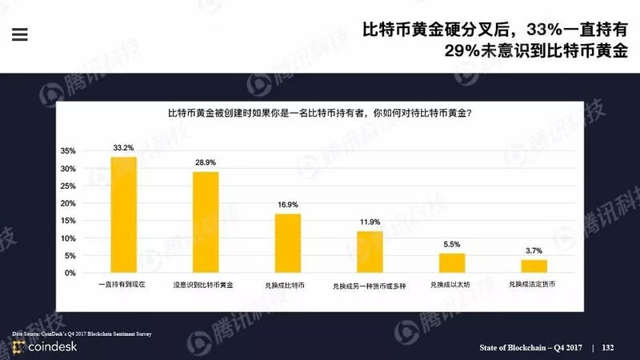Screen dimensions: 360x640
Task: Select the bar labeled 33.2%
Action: (x=123, y=214)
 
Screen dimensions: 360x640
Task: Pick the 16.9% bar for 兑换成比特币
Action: (x=287, y=243)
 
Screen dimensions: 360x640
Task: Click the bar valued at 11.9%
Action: (x=370, y=252)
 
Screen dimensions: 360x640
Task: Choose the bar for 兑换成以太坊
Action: (x=452, y=262)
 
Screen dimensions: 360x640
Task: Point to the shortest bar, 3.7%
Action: (x=534, y=266)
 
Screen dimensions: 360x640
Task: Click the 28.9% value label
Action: (x=206, y=162)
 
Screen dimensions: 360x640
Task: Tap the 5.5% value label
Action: (x=452, y=244)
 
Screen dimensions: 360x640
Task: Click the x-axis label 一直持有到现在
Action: (x=123, y=285)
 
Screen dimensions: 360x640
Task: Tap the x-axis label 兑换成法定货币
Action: (x=534, y=285)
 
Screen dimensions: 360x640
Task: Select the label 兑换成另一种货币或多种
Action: (x=370, y=286)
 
